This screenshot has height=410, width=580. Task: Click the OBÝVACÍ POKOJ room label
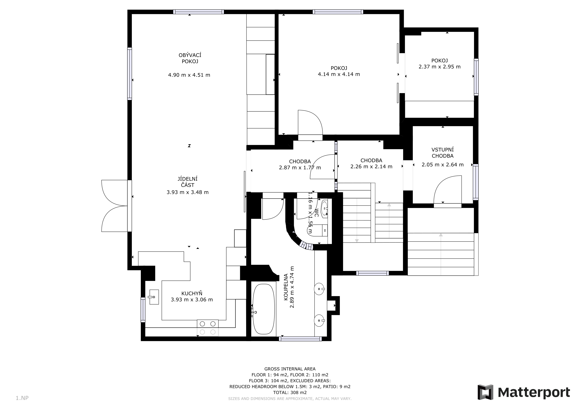click(x=190, y=58)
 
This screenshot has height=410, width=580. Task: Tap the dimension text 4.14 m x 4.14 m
click(x=339, y=74)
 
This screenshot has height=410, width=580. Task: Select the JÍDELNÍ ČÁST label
click(x=187, y=182)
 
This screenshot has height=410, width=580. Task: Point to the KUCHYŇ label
click(x=192, y=293)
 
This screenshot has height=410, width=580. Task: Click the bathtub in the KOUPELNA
click(x=264, y=309)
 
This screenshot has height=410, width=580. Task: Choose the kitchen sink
click(x=154, y=297)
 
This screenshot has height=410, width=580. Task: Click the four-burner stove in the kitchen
click(x=208, y=328)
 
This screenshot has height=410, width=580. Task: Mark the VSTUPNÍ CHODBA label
click(x=443, y=153)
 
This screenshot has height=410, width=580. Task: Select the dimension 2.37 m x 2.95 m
click(x=440, y=67)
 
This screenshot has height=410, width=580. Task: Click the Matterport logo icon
click(x=485, y=392)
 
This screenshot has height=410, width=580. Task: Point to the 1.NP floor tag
click(x=22, y=398)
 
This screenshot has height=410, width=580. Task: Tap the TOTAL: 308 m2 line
click(x=290, y=393)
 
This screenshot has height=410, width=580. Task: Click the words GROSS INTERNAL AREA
click(x=290, y=369)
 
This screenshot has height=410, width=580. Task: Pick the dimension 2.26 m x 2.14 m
click(x=371, y=167)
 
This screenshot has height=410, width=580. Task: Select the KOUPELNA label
click(x=286, y=287)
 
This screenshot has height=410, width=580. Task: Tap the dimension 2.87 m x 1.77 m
click(x=300, y=168)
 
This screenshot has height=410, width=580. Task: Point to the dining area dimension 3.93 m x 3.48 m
click(x=187, y=192)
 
